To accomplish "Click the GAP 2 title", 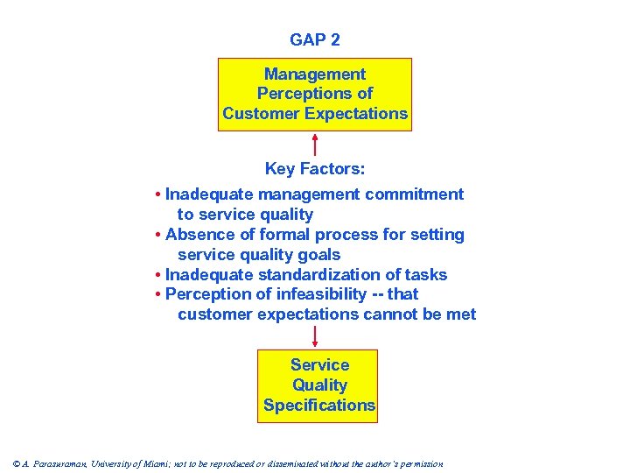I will point(315,40).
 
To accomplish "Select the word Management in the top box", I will point(315,74).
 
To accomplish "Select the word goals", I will point(320,255).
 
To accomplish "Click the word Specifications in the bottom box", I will point(319,406).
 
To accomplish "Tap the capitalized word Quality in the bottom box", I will point(319,385).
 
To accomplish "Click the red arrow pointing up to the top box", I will point(315,145).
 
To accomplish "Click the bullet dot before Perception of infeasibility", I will point(156,295).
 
